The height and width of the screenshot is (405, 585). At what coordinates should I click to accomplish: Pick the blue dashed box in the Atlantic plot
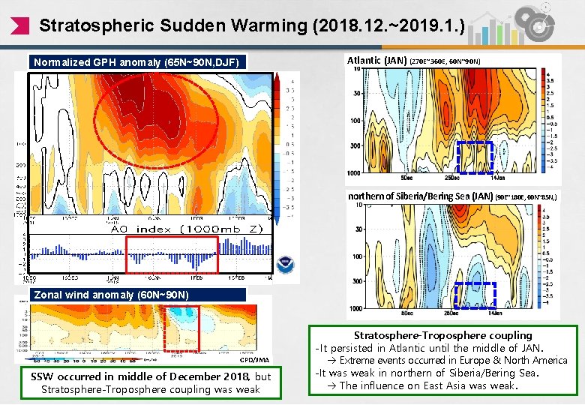click(x=475, y=157)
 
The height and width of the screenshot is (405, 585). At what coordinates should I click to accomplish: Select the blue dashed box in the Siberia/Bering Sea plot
click(x=475, y=295)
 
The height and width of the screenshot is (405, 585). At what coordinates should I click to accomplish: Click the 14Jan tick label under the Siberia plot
click(x=495, y=313)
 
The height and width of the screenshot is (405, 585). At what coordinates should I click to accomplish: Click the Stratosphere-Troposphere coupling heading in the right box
click(x=442, y=335)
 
